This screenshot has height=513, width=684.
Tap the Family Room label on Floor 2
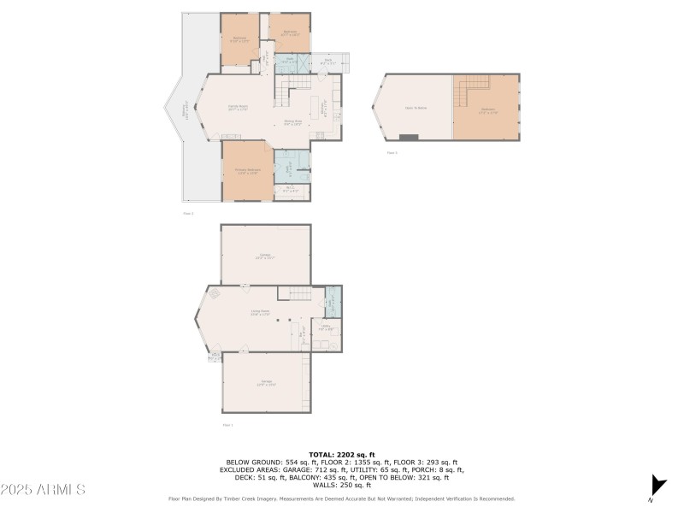tap(238, 108)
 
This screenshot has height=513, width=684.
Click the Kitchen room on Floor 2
tap(324, 109)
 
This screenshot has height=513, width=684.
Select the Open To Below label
tap(415, 108)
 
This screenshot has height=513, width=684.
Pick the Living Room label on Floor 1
tap(260, 313)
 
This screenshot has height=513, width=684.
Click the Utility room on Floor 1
tap(326, 327)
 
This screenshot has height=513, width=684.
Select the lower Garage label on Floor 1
tap(266, 383)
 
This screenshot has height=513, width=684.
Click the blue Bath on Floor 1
tap(333, 301)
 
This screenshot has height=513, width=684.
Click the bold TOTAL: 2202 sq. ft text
tap(342, 454)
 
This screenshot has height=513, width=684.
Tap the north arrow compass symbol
tap(657, 484)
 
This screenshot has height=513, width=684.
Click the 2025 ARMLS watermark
tap(43, 489)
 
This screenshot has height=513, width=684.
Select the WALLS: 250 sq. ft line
tap(342, 485)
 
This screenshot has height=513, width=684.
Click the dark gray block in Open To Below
tap(409, 137)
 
